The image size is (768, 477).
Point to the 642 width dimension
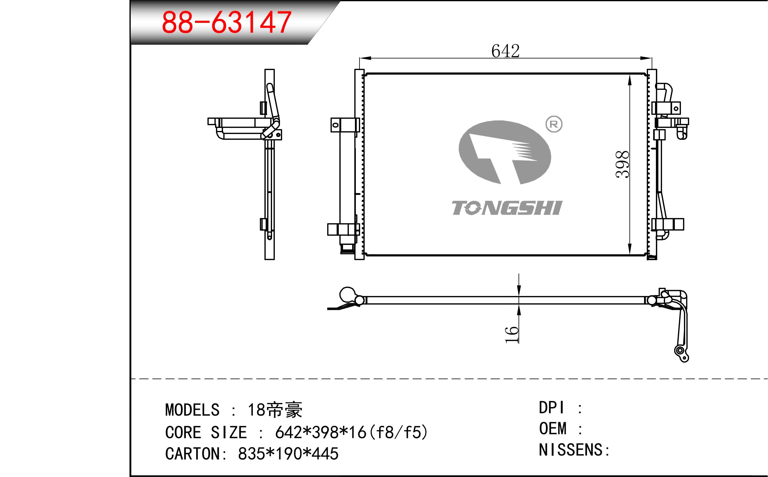tap(505, 51)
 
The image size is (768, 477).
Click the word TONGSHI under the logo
tap(507, 208)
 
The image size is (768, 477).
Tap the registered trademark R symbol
tap(554, 124)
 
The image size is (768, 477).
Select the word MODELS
tap(192, 410)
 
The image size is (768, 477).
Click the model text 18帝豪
tap(275, 410)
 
